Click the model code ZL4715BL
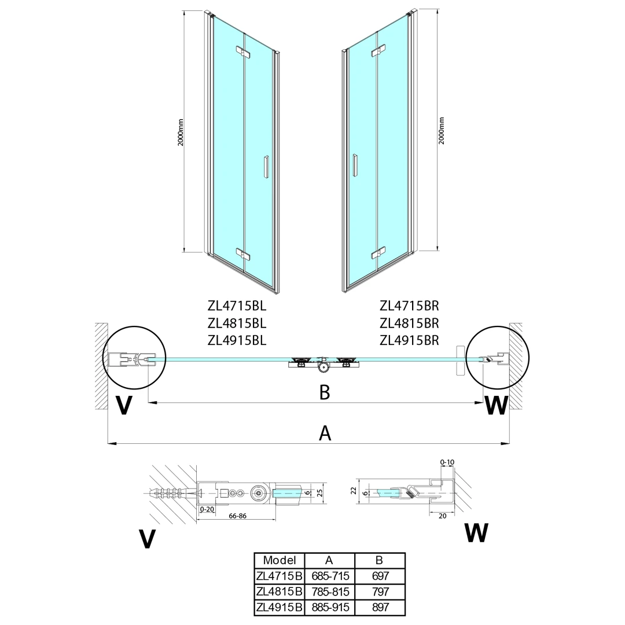[237, 305]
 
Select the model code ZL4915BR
[409, 340]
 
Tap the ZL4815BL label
[237, 322]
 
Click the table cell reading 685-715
[329, 576]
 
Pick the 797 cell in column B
[380, 591]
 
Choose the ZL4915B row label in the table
[279, 607]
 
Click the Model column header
[279, 560]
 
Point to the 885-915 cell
[329, 607]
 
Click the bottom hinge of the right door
[378, 252]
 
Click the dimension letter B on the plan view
[325, 392]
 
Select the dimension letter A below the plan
[325, 432]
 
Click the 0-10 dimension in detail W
[447, 462]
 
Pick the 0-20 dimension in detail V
[207, 510]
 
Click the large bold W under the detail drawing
[476, 532]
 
